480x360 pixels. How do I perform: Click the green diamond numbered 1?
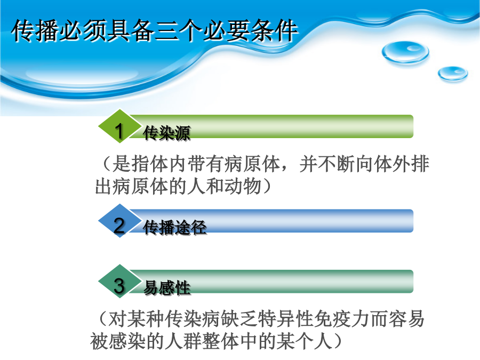coord(119,126)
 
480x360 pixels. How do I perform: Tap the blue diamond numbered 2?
coord(119,221)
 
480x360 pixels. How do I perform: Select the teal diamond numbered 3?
coord(119,281)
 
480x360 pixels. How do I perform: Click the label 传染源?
coord(167,133)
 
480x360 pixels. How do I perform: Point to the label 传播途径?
coord(175,227)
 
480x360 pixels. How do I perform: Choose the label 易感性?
coord(167,288)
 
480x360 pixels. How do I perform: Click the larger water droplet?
coord(405,52)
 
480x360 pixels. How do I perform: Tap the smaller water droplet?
coord(453,74)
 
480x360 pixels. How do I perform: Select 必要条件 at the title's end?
coord(251,30)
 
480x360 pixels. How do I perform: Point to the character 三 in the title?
coord(166,30)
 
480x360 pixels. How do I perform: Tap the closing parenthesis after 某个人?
coord(338,341)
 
